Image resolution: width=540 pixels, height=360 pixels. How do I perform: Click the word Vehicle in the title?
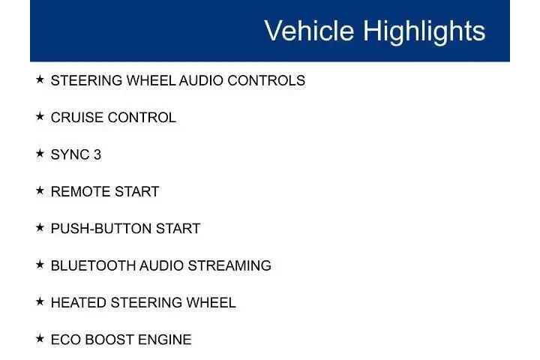tap(310, 31)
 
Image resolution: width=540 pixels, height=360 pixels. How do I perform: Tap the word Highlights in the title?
tap(424, 31)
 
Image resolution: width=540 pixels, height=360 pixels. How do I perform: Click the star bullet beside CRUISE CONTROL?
tap(40, 117)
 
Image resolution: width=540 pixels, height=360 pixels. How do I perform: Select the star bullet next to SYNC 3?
tap(40, 154)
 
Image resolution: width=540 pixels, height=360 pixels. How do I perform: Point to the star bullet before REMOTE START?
tap(40, 190)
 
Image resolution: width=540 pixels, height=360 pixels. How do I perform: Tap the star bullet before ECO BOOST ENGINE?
tap(40, 339)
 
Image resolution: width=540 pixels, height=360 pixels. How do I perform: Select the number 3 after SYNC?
tap(97, 154)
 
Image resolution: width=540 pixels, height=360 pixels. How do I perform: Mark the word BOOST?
tap(107, 340)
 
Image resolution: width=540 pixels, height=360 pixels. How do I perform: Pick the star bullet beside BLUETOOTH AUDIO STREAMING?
tap(40, 265)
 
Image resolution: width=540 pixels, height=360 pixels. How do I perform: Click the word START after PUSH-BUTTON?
tap(179, 229)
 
